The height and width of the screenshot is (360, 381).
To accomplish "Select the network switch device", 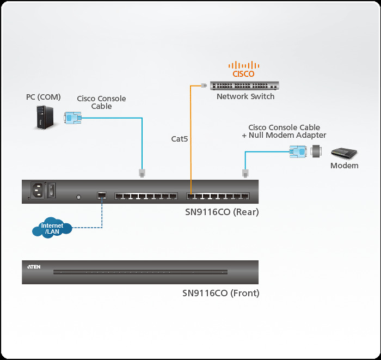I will click(x=245, y=86).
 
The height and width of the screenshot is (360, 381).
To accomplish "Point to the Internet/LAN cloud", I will click(x=52, y=228).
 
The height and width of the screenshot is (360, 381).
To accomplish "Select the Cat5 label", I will click(x=180, y=139).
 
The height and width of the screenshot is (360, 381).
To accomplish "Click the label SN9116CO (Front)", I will click(x=220, y=293).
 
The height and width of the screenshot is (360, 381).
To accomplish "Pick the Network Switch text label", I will click(x=245, y=96).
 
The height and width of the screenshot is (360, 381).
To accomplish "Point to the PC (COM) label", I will click(x=44, y=97).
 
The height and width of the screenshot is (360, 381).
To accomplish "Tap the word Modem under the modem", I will click(x=345, y=166).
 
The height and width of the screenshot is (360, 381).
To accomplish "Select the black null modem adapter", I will click(x=317, y=152).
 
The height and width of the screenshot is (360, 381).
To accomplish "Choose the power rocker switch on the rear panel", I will click(x=52, y=190).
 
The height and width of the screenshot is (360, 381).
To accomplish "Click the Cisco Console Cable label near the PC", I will click(x=101, y=102).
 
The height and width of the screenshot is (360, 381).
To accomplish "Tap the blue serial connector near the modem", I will click(x=298, y=152).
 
